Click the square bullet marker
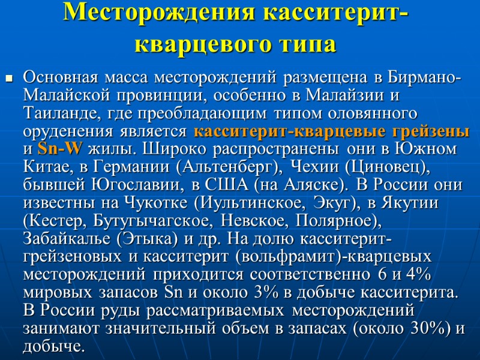[9, 78]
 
